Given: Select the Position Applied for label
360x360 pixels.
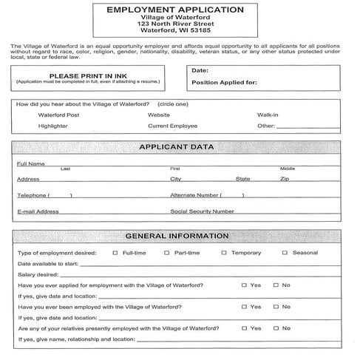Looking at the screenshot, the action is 224,82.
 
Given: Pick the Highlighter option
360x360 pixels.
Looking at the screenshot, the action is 53,126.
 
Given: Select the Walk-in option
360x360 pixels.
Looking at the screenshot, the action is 268,115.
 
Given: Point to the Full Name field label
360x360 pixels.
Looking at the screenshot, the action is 31,163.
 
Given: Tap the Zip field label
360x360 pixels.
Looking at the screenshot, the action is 284,179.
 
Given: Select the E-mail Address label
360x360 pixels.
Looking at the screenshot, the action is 38,211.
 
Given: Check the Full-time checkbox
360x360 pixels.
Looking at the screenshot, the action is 115,253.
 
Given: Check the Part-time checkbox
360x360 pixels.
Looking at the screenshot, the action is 166,253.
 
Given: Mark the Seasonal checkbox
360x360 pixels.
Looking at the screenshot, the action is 284,253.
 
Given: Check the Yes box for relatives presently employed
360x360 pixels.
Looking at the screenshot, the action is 244,327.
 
